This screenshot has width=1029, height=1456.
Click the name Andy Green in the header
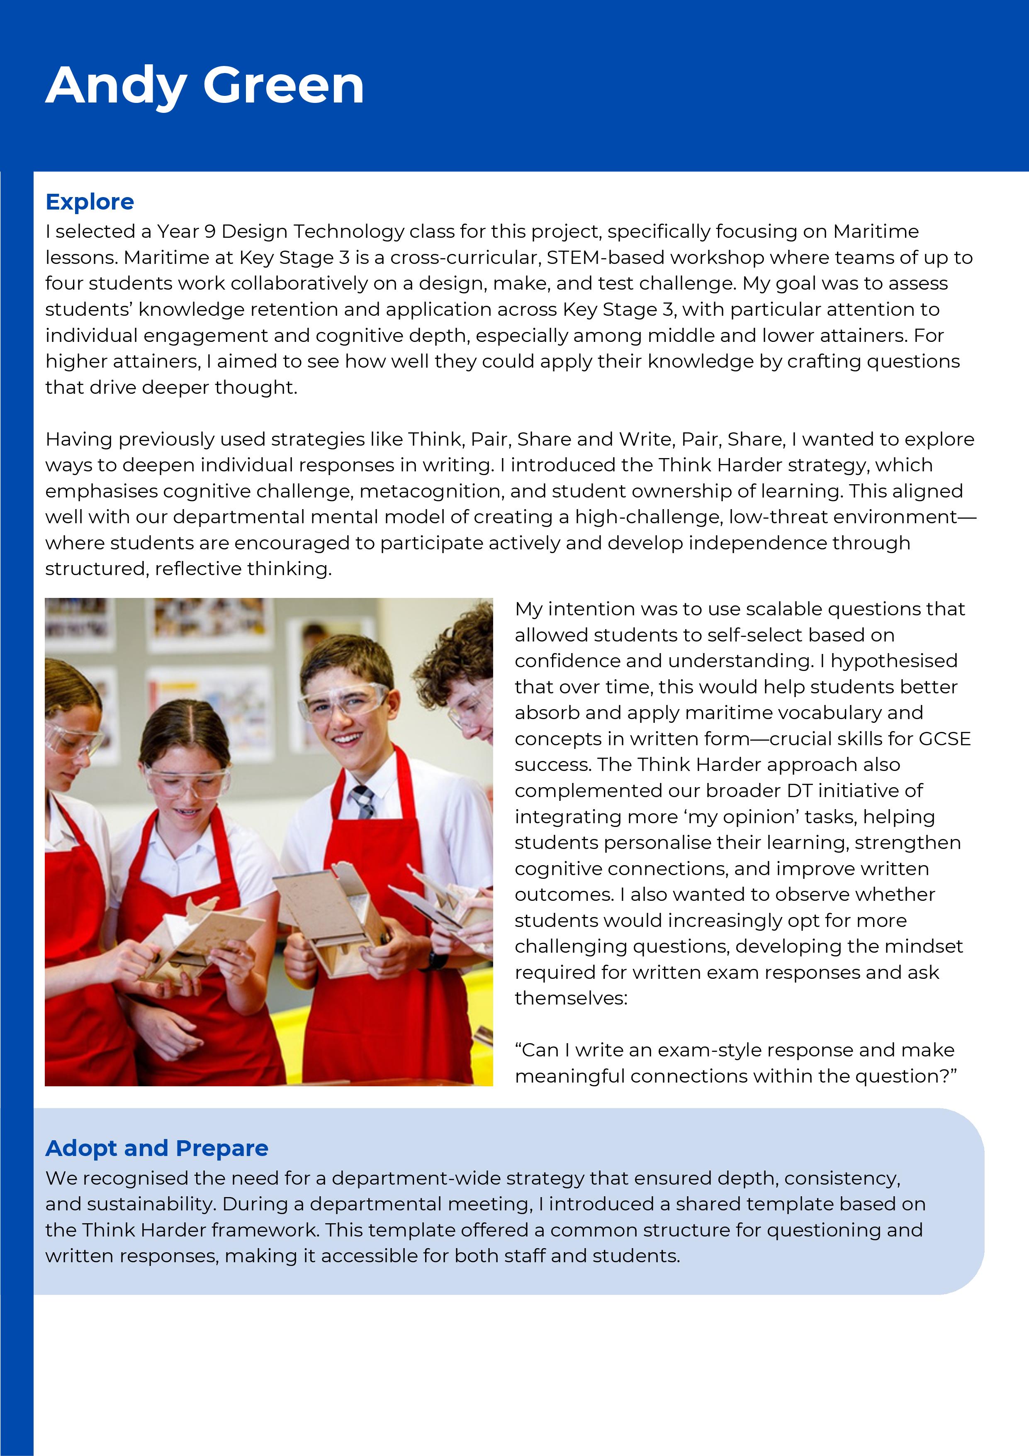[x=205, y=85]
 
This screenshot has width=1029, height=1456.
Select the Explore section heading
[x=90, y=202]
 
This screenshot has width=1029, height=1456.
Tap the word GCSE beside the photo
[x=945, y=739]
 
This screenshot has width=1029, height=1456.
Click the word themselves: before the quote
[x=571, y=998]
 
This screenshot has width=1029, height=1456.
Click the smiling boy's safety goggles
[x=342, y=701]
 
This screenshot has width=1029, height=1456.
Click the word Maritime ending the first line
[x=876, y=232]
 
